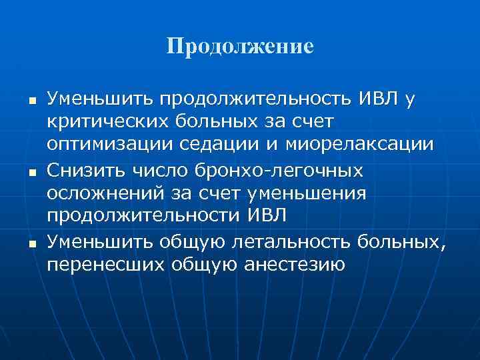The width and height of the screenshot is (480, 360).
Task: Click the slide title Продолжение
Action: coord(239,47)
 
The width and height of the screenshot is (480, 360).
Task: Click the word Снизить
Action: coord(83,171)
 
